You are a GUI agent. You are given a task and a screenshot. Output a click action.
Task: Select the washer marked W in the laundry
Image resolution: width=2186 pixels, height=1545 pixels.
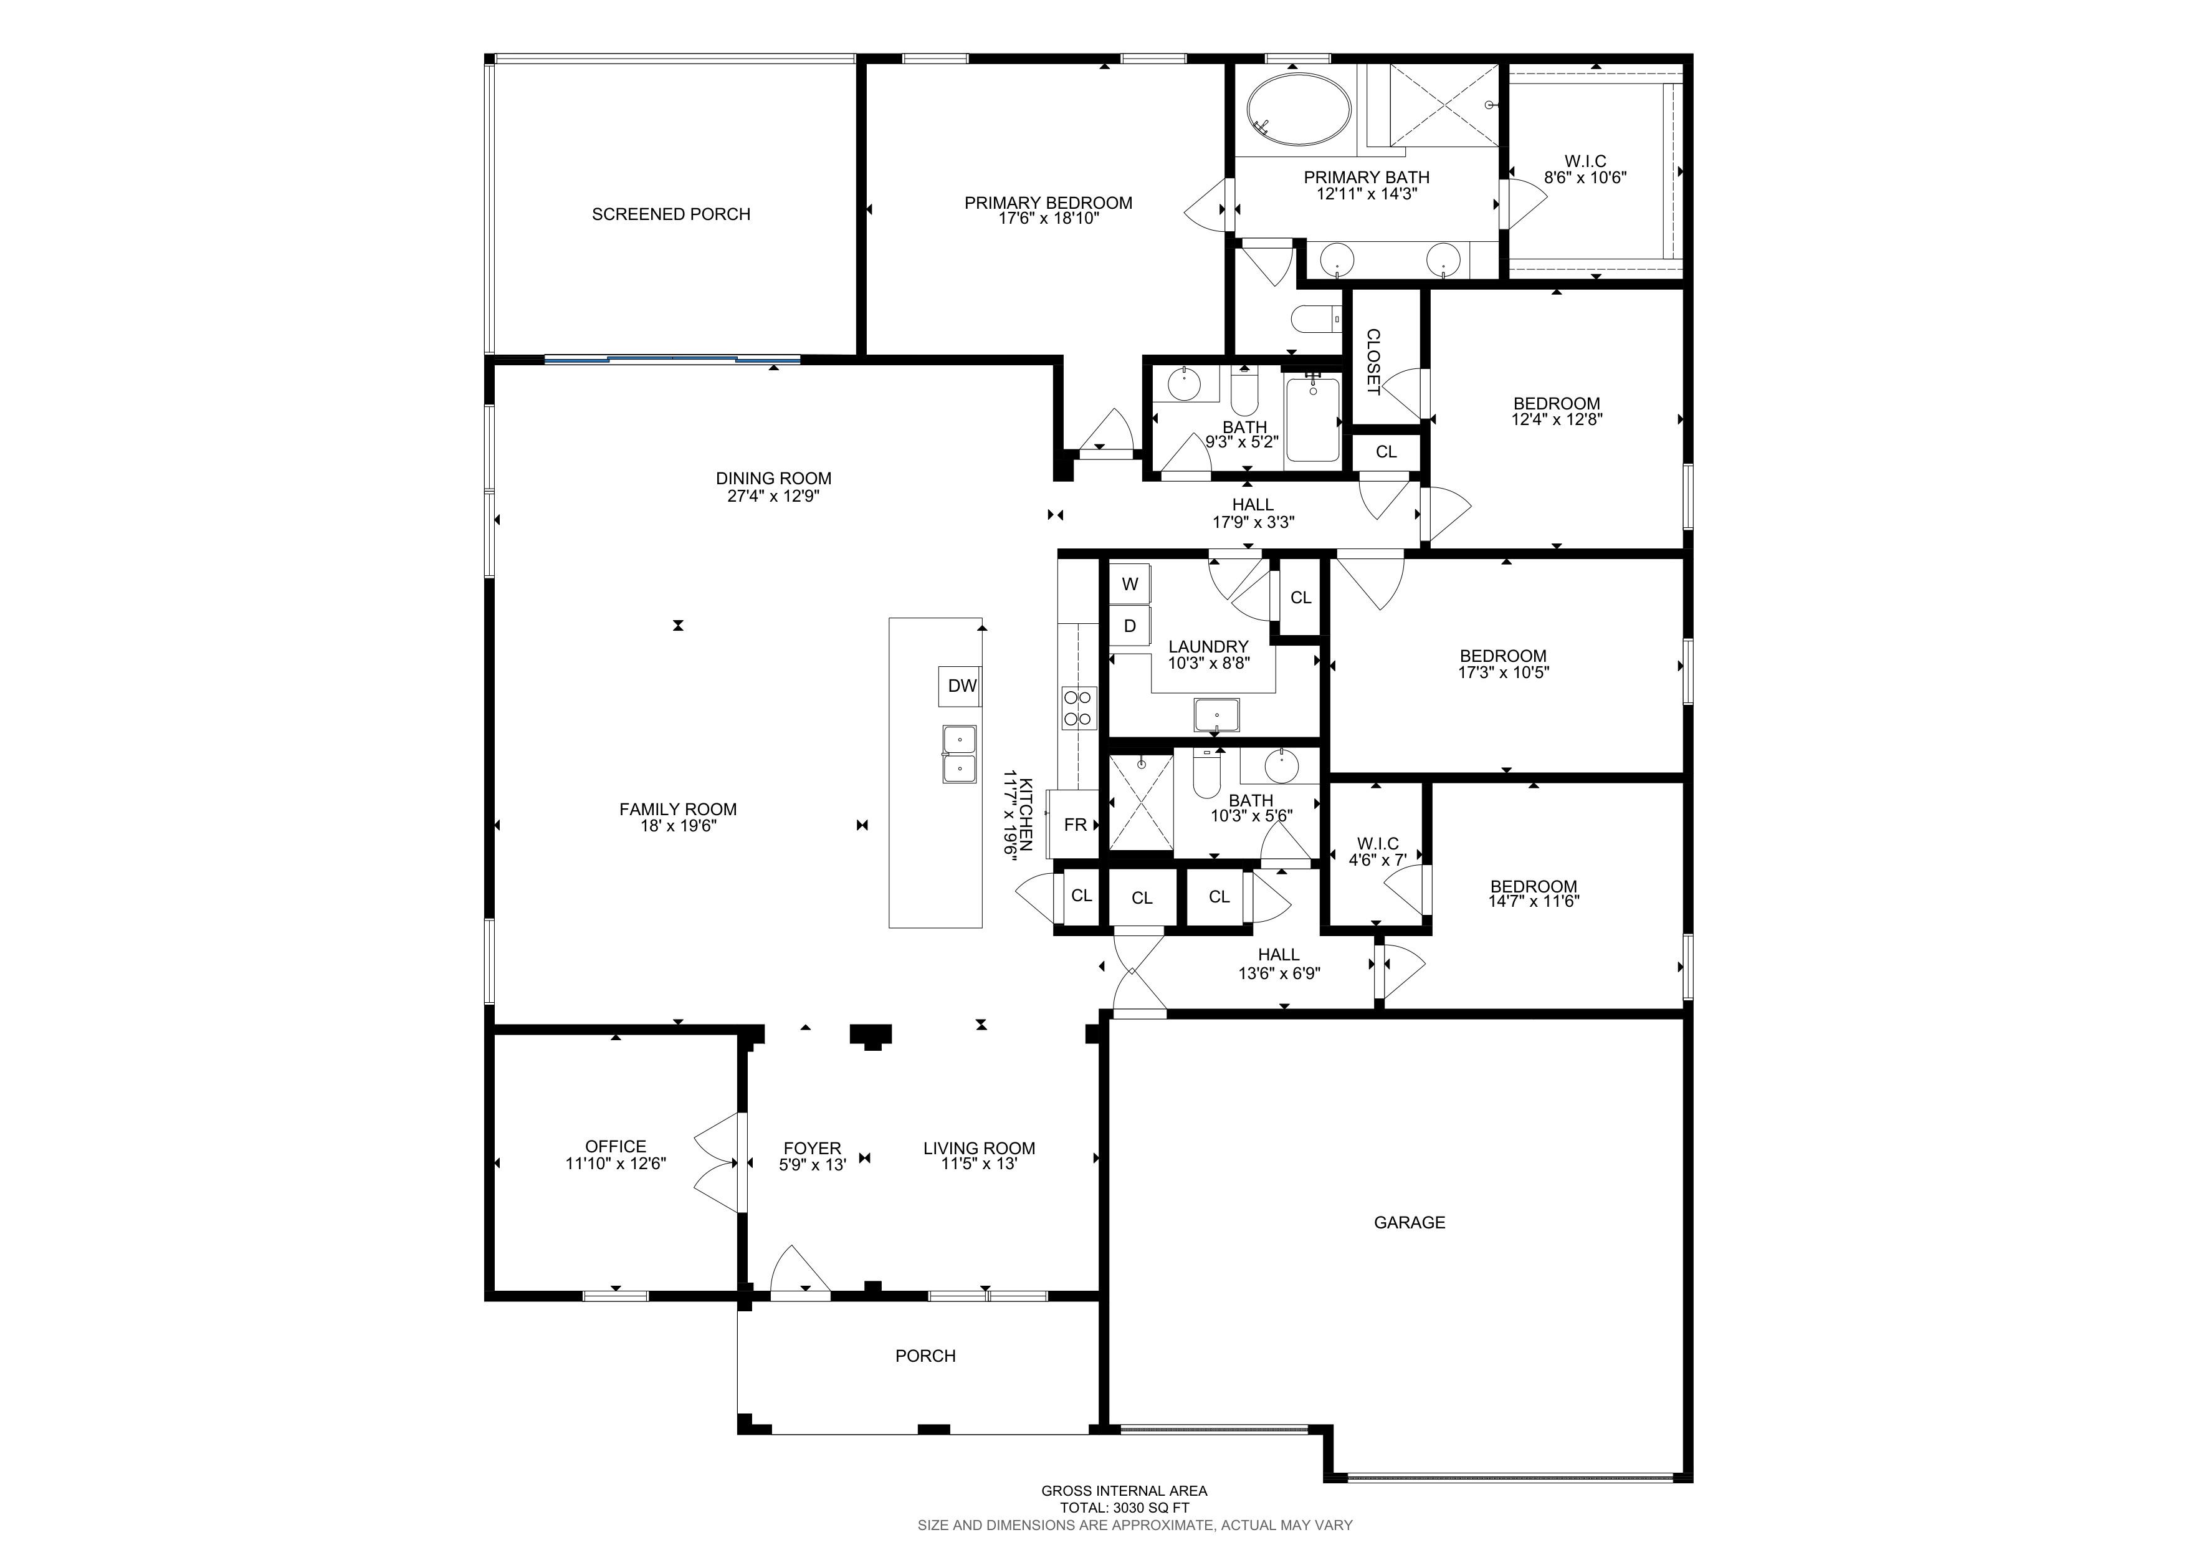point(1130,585)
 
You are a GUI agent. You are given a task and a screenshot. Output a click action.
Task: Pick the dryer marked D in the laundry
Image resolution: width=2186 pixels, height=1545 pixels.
point(1130,626)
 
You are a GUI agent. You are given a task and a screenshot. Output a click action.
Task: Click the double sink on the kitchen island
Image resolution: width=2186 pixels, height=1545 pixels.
point(960,754)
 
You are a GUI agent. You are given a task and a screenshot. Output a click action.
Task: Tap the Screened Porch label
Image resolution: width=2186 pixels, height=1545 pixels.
point(671,214)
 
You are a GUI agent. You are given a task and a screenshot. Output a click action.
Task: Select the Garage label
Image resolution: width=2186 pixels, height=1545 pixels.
point(1409,1222)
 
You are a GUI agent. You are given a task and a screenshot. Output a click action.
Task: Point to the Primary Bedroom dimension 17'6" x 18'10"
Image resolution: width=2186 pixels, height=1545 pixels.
point(1048,219)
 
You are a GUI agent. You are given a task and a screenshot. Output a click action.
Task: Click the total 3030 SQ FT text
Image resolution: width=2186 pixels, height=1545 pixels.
point(1124,1508)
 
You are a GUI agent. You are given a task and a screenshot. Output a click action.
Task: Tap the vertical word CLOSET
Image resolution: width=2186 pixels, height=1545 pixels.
point(1373,361)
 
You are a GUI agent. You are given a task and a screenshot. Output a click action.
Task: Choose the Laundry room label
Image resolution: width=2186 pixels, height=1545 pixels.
point(1208,646)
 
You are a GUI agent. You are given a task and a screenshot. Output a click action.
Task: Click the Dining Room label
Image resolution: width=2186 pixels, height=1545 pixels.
point(773,479)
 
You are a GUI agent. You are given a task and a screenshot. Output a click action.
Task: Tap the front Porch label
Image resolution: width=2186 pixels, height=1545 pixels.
point(925,1356)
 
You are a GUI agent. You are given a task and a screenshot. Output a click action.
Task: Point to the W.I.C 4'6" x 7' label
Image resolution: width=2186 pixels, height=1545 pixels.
point(1378,852)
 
